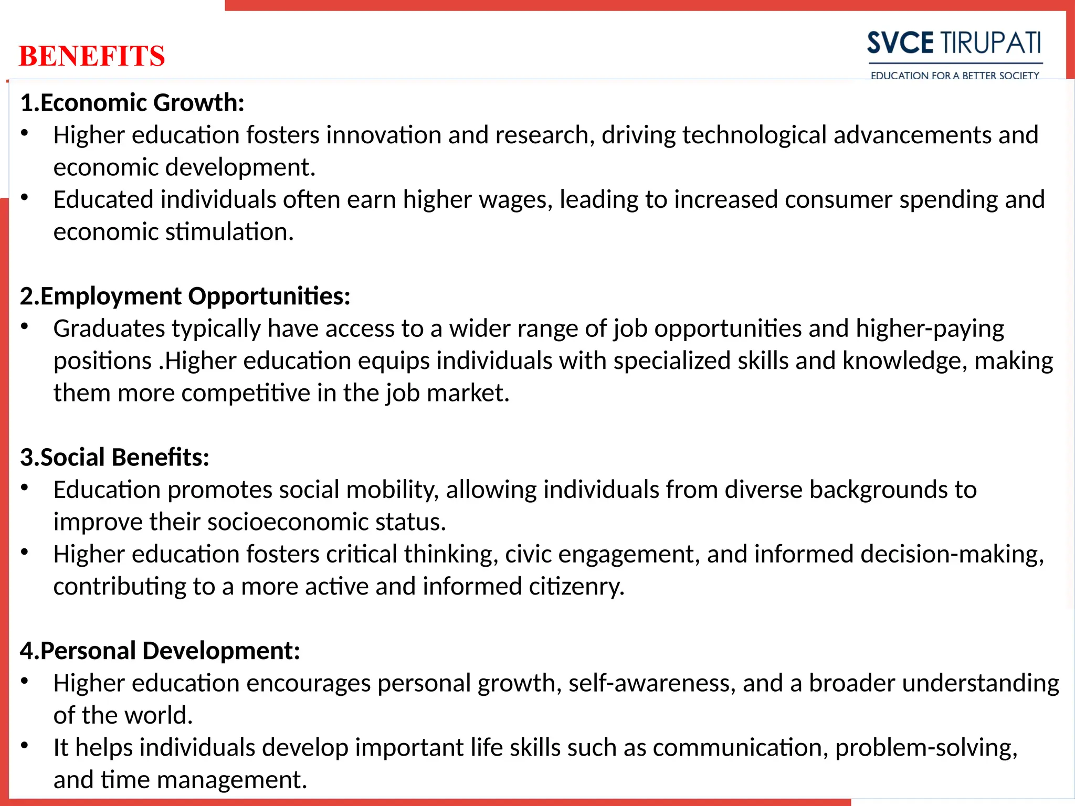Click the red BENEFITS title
[x=92, y=56]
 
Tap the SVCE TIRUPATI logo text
[x=954, y=43]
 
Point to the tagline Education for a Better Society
[x=955, y=75]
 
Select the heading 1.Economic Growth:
[x=132, y=102]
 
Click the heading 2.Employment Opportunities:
[x=185, y=296]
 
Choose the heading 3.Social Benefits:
[x=114, y=457]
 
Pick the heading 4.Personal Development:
[x=160, y=651]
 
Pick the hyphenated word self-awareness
[x=651, y=683]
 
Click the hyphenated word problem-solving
[x=926, y=748]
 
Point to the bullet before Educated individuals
[x=24, y=198]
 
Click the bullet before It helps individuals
[x=24, y=746]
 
